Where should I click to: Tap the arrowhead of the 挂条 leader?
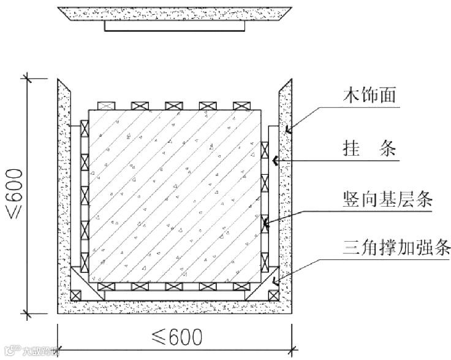tap(275, 161)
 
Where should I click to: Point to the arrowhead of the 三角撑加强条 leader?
tap(275, 283)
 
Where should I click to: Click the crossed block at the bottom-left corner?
tap(76, 296)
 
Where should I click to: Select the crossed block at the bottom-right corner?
tap(273, 296)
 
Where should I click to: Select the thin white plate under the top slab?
tap(175, 26)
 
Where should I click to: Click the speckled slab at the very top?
tap(174, 13)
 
